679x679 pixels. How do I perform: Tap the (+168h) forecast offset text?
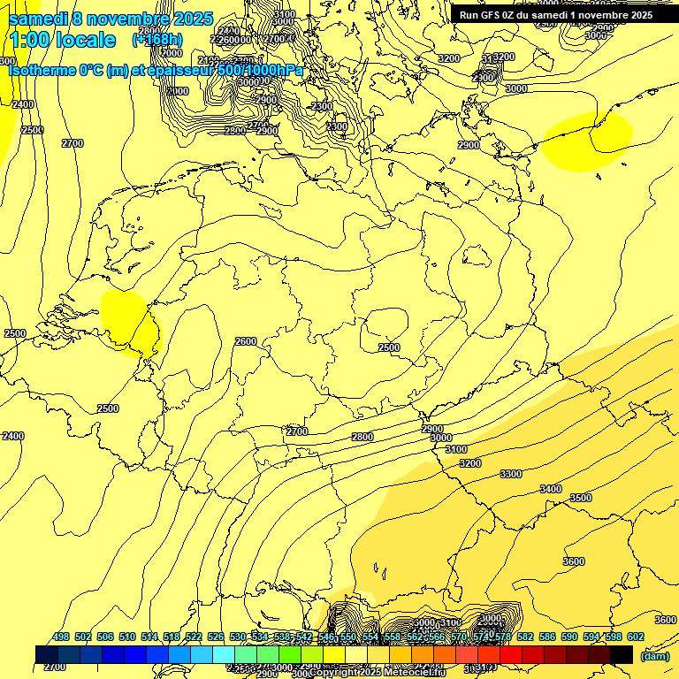pyautogui.click(x=157, y=39)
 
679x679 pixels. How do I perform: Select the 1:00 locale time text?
pyautogui.click(x=62, y=40)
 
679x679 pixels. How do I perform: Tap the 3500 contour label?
pyautogui.click(x=581, y=498)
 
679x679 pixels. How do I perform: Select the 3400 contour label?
pyautogui.click(x=550, y=489)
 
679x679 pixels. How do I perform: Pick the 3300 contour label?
pyautogui.click(x=511, y=474)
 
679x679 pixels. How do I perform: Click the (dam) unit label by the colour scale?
pyautogui.click(x=654, y=655)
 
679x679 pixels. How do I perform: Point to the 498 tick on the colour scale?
pyautogui.click(x=61, y=637)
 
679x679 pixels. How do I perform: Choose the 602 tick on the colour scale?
pyautogui.click(x=635, y=637)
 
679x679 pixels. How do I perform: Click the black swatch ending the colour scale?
pyautogui.click(x=622, y=654)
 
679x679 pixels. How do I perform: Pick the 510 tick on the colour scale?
pyautogui.click(x=127, y=637)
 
